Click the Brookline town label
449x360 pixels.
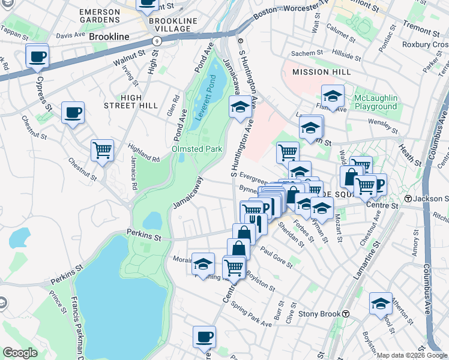[x=109, y=37]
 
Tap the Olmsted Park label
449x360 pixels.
[x=197, y=149]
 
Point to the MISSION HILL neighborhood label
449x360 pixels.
[x=319, y=72]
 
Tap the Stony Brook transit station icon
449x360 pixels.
[x=346, y=314]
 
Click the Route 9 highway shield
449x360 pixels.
[x=156, y=41]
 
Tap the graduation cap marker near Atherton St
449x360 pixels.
[x=381, y=304]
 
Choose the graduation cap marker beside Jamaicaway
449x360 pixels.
[x=240, y=107]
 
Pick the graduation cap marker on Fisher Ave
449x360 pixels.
[x=333, y=97]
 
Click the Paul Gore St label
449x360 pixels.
[x=276, y=256]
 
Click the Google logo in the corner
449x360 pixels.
[x=20, y=353]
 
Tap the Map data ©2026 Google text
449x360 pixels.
[x=412, y=355]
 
